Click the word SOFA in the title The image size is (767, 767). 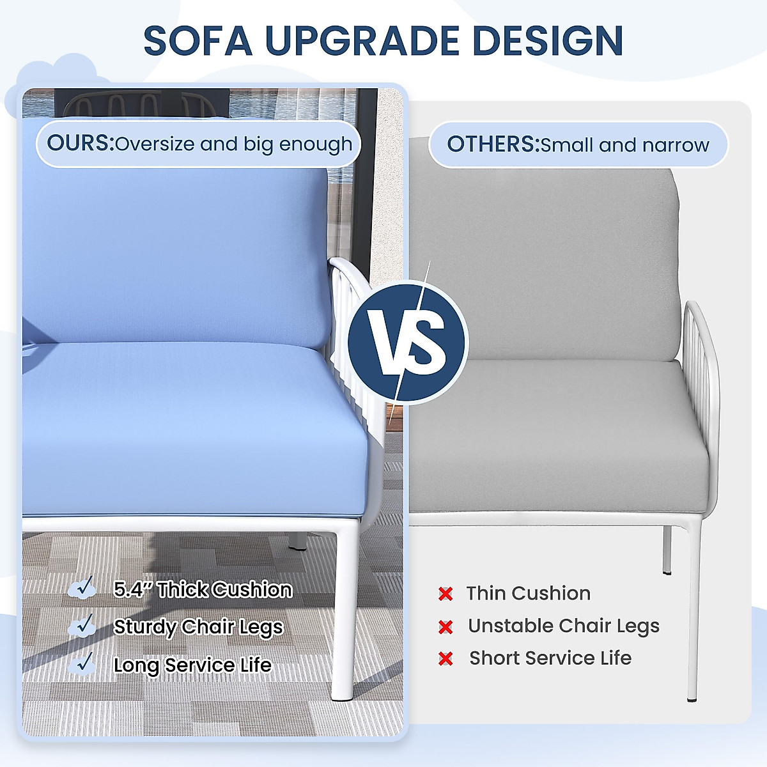point(198,40)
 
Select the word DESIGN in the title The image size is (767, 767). point(548,40)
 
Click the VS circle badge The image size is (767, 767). point(408,342)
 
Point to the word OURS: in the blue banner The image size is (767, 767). point(80,143)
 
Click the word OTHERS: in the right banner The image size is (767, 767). point(493,144)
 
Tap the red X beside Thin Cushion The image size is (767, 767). point(445,594)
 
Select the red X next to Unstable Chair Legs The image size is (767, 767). point(445,626)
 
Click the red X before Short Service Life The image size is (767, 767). point(445,658)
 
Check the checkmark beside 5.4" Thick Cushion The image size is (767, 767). point(84,587)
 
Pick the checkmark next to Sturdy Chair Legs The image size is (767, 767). point(84,625)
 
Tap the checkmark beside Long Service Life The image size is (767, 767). point(84,663)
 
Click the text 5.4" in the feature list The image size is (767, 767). point(132,589)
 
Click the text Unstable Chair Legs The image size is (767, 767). point(563,626)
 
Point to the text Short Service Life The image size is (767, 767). point(550,658)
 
